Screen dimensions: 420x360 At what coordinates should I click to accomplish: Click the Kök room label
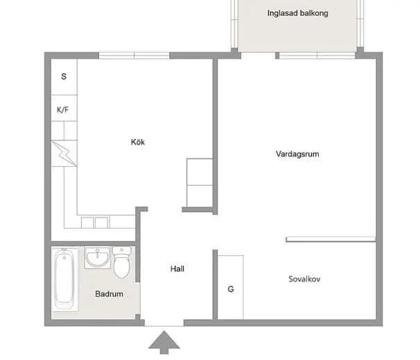click(x=137, y=142)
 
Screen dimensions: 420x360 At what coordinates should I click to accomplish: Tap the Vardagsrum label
click(x=297, y=154)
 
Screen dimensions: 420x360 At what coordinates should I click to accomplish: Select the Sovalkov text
click(x=304, y=279)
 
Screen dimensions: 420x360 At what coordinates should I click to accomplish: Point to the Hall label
click(x=177, y=268)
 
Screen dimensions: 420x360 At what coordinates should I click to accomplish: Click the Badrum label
click(x=109, y=294)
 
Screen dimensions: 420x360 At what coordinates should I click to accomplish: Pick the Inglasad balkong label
click(x=298, y=13)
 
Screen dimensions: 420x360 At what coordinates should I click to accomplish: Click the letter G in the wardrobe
click(x=230, y=289)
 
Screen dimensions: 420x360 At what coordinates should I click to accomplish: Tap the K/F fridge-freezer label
click(x=62, y=110)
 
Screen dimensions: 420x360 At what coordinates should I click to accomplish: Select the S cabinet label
click(x=64, y=76)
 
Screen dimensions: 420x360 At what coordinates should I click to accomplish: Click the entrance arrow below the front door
click(x=164, y=343)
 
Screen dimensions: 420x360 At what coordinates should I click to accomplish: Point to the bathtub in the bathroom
click(x=65, y=279)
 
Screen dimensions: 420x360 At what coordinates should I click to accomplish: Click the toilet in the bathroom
click(x=121, y=263)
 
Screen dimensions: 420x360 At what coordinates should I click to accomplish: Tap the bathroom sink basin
click(x=97, y=257)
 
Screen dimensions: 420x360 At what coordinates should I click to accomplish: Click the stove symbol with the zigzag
click(x=64, y=154)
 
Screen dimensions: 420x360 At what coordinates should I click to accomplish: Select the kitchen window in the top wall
click(x=134, y=56)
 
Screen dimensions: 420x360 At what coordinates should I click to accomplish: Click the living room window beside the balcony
click(x=317, y=56)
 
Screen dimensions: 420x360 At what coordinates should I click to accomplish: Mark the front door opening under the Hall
click(x=165, y=322)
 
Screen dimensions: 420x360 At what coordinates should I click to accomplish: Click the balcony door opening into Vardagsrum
click(x=258, y=56)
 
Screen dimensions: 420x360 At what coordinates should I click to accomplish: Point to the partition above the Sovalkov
click(x=331, y=239)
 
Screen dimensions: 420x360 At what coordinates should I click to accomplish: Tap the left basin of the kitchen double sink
click(x=87, y=222)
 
